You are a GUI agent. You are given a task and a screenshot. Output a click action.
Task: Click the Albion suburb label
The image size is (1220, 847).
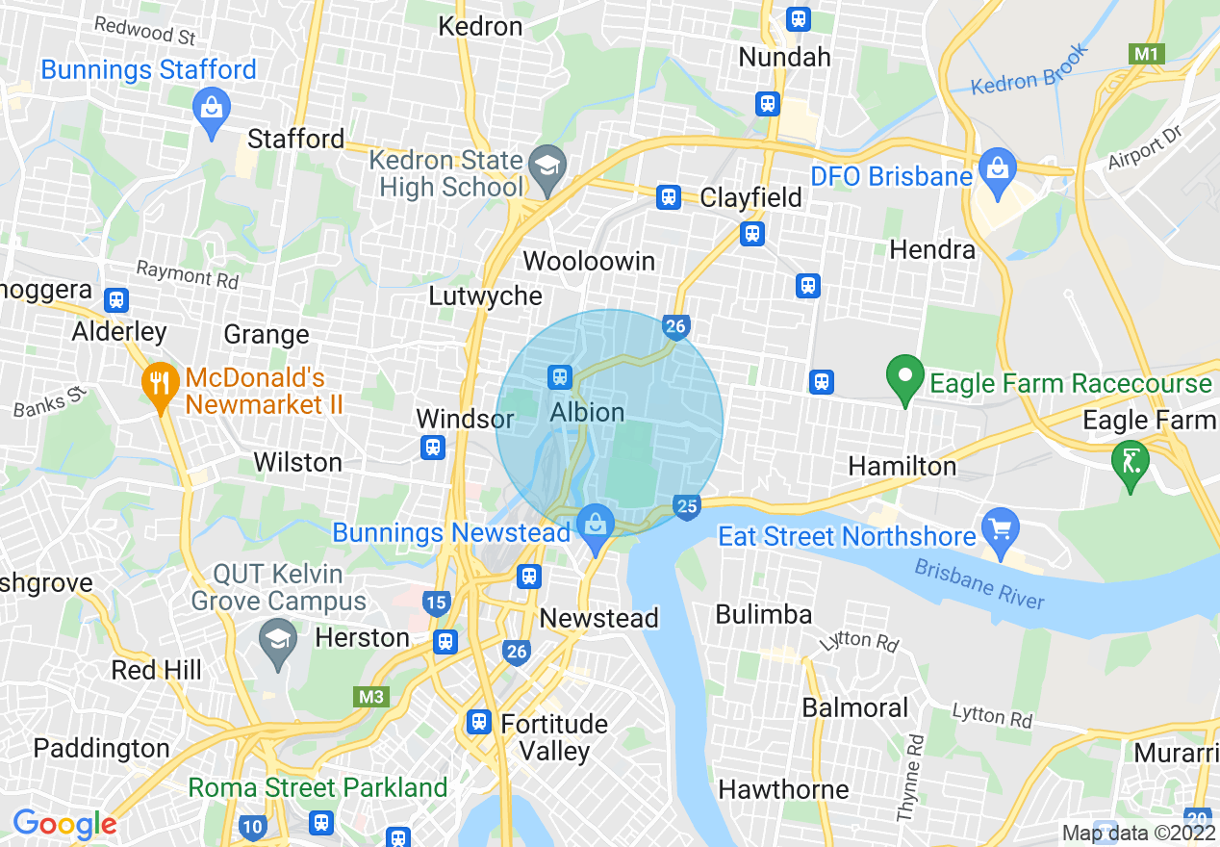[587, 413]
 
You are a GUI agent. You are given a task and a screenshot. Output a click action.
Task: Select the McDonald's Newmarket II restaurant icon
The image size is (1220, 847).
[160, 385]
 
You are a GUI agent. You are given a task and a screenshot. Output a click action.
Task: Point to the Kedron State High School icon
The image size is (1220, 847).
[547, 165]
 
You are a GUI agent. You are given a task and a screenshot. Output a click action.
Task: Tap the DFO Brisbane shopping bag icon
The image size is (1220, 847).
[998, 167]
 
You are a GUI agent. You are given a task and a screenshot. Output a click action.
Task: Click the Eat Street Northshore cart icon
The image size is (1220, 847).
[1001, 528]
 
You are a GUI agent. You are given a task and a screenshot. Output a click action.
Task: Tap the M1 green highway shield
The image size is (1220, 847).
[1146, 54]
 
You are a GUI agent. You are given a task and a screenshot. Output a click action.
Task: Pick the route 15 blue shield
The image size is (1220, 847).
[436, 603]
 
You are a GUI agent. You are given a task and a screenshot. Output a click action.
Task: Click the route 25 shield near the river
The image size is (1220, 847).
[686, 506]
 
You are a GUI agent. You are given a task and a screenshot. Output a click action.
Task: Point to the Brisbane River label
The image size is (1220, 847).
[979, 583]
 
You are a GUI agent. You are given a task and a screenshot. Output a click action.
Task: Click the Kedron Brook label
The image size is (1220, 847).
[1029, 69]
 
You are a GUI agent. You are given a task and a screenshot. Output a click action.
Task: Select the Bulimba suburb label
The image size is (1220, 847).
[764, 614]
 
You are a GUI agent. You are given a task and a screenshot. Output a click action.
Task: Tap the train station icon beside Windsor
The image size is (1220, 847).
[433, 448]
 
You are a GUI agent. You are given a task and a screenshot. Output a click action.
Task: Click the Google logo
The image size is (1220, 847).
[64, 824]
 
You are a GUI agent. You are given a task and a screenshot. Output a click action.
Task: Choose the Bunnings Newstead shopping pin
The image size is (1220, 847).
[596, 527]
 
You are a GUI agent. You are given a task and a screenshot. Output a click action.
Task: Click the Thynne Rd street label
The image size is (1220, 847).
[909, 778]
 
